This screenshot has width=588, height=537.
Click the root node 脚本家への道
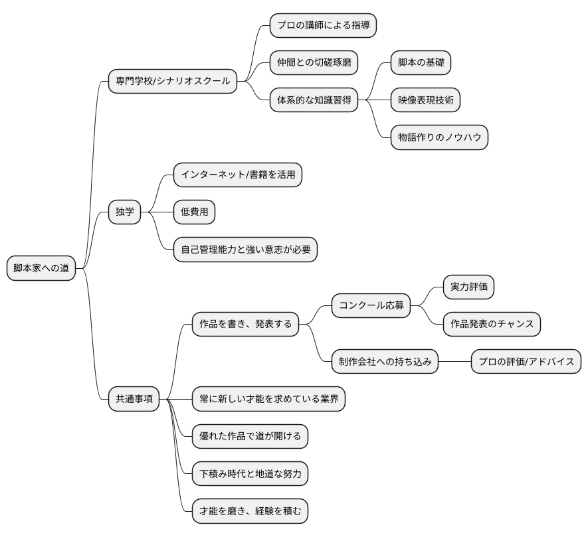(41, 268)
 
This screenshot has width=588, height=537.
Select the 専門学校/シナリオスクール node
(173, 81)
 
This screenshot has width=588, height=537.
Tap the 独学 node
(124, 212)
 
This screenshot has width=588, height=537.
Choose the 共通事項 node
(134, 399)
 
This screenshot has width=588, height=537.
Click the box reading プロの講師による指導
(323, 26)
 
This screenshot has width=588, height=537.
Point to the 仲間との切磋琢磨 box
(314, 63)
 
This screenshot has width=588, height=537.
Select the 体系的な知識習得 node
(314, 101)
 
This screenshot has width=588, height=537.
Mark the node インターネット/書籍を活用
(238, 175)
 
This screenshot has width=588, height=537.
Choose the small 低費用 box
(194, 212)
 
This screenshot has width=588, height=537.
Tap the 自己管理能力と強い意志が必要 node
(245, 250)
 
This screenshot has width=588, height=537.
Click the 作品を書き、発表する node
(245, 325)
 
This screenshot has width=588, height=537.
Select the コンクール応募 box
(371, 306)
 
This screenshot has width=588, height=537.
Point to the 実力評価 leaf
(468, 287)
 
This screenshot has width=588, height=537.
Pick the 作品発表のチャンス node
(492, 325)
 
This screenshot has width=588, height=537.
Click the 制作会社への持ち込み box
(385, 362)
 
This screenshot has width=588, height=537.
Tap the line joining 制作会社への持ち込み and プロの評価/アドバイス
(454, 362)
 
